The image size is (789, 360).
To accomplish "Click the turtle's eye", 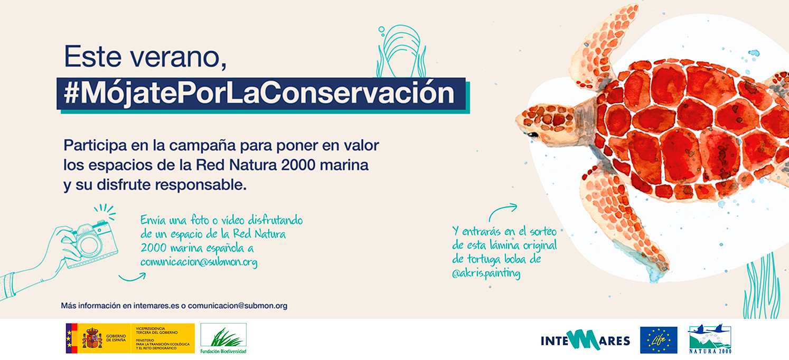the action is [532, 135].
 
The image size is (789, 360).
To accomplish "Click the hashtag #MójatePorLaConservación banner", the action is [263, 95].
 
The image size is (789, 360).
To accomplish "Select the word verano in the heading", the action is [178, 57].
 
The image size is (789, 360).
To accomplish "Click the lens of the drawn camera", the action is [88, 244].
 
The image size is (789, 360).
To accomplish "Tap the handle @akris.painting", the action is [486, 273].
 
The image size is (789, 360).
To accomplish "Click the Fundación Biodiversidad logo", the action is [223, 338].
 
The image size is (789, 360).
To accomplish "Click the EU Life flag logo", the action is [659, 340].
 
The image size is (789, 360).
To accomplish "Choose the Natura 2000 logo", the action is [710, 339].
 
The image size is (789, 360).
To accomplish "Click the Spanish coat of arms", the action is [92, 338].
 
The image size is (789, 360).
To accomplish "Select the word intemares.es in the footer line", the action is [156, 306].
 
